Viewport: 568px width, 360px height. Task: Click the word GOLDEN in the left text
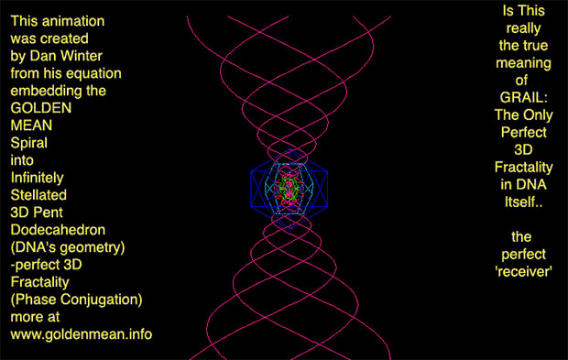click(x=41, y=108)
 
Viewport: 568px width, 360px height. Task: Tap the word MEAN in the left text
click(x=31, y=125)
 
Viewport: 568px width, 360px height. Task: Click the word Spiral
click(x=29, y=143)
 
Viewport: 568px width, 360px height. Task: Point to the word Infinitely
click(x=37, y=178)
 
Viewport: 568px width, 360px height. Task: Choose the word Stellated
click(x=38, y=195)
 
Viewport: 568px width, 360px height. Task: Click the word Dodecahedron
click(x=58, y=230)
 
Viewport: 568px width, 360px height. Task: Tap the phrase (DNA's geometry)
click(x=68, y=247)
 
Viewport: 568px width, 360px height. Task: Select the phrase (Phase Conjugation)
click(x=76, y=300)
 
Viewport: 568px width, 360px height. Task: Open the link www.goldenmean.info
click(x=82, y=334)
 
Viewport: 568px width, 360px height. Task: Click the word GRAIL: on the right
click(x=524, y=97)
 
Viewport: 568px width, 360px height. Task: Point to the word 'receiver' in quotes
click(x=523, y=272)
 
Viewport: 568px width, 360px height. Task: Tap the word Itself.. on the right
click(x=524, y=202)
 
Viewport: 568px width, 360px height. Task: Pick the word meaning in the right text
click(x=523, y=63)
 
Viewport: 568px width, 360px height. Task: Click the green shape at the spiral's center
click(x=289, y=189)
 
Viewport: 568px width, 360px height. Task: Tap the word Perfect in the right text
click(x=523, y=132)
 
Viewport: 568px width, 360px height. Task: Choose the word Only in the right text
click(x=538, y=115)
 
